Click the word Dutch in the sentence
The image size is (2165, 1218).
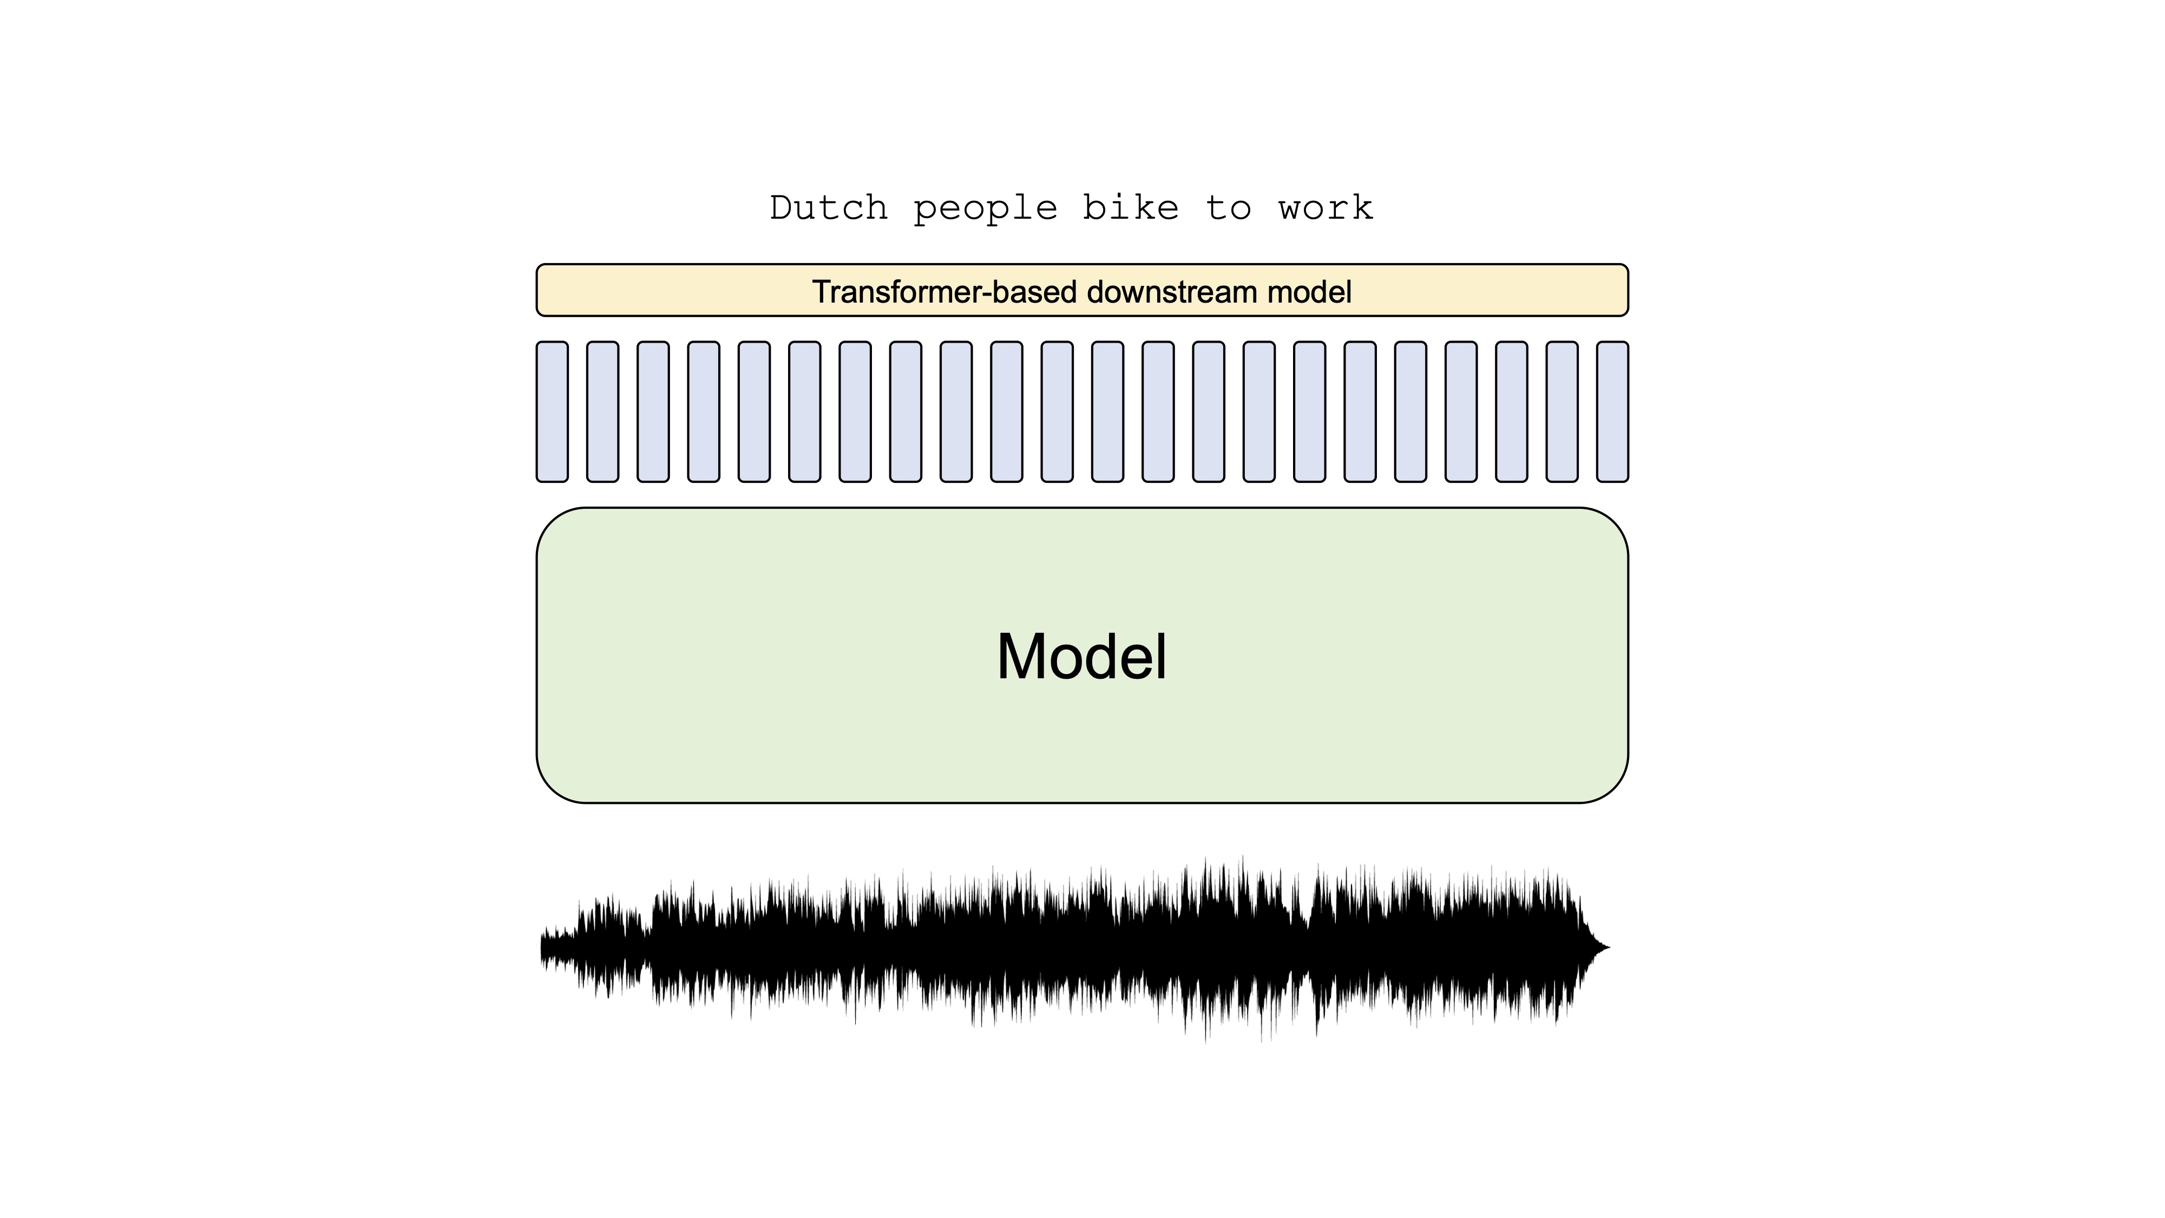click(x=829, y=208)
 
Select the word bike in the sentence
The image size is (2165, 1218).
click(x=1131, y=208)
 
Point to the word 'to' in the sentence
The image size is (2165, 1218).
click(x=1229, y=208)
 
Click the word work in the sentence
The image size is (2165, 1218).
click(x=1326, y=208)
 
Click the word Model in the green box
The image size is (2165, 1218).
click(x=1081, y=657)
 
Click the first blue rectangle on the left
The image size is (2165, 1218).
click(x=552, y=412)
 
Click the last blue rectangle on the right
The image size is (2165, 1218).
click(x=1612, y=412)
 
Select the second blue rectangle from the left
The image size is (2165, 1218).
click(x=602, y=412)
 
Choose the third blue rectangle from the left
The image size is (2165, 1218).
click(x=653, y=412)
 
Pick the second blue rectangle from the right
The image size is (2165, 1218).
click(x=1562, y=412)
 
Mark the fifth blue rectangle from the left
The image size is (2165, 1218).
click(x=754, y=412)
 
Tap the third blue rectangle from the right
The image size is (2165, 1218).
click(x=1511, y=412)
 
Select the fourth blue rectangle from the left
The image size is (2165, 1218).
click(x=704, y=412)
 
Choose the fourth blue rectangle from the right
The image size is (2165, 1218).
click(x=1461, y=412)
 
